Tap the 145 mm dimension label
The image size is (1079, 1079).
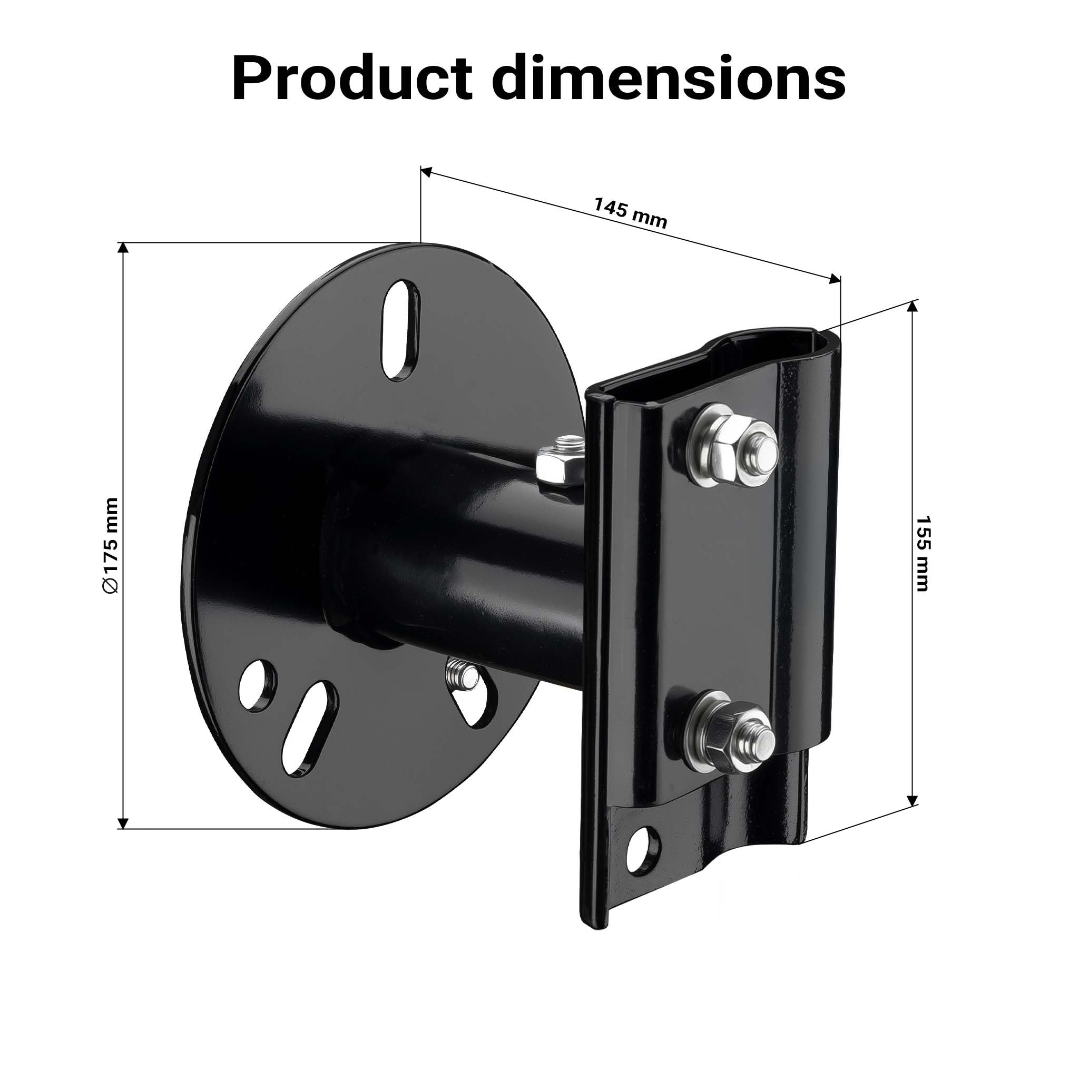pos(630,213)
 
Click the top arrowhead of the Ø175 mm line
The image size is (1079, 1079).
pos(123,249)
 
